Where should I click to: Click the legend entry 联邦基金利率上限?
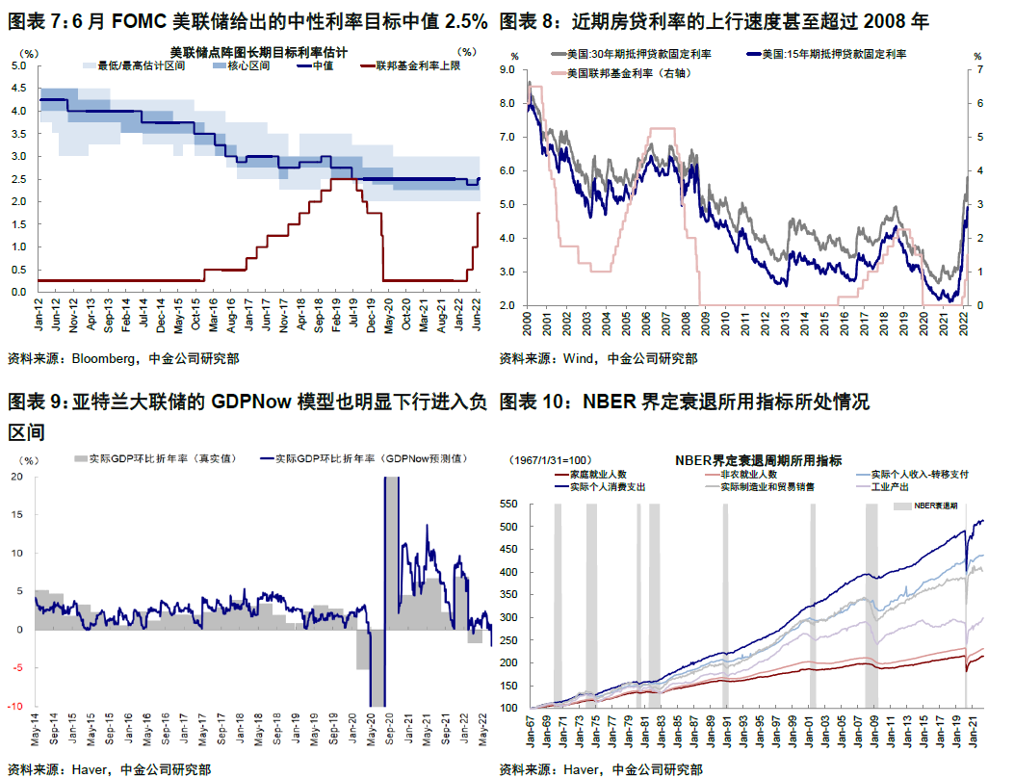tap(406, 65)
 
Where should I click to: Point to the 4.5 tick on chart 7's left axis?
tap(18, 89)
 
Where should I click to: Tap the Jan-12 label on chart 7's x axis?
tap(39, 310)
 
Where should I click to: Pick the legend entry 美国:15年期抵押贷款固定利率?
tap(833, 56)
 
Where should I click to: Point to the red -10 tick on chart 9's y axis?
tap(17, 707)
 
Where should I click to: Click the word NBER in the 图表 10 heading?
tap(609, 402)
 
